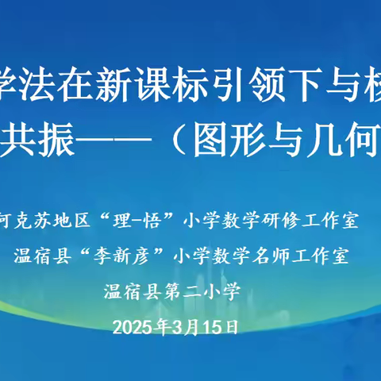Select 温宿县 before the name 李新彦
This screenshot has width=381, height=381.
[x=37, y=256]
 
